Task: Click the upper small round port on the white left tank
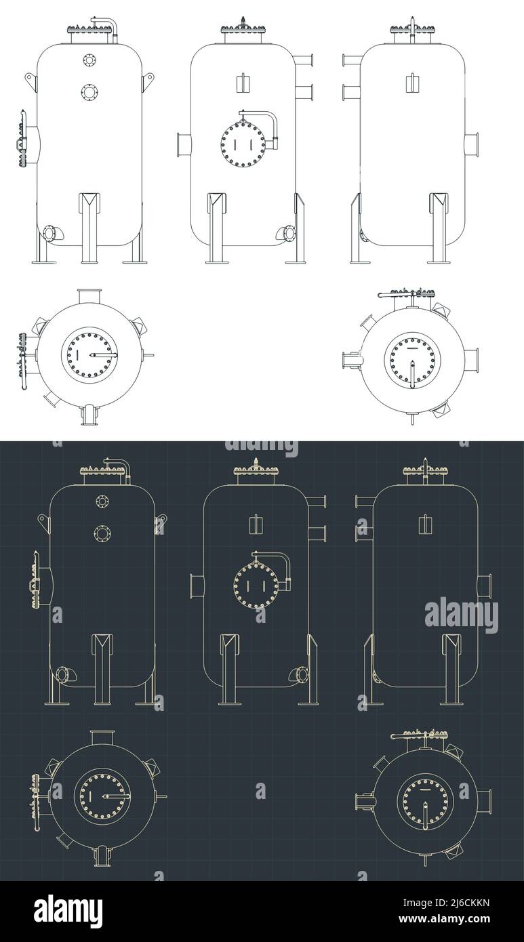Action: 89,60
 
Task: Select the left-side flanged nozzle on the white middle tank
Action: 183,144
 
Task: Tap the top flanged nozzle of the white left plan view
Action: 89,297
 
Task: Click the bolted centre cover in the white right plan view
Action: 411,361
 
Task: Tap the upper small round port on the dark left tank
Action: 102,501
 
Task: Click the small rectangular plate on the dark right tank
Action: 426,524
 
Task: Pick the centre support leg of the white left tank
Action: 89,227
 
